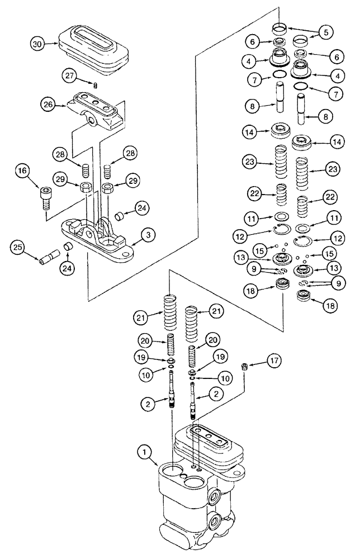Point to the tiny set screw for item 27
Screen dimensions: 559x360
(96, 85)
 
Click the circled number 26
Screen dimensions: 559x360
(48, 105)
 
